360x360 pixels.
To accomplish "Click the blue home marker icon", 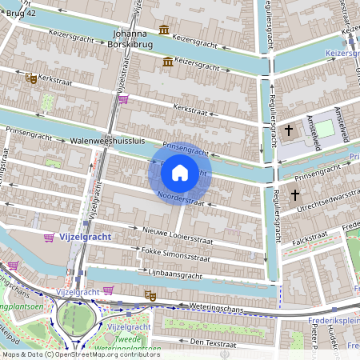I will pyautogui.click(x=180, y=173).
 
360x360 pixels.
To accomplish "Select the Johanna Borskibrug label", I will pyautogui.click(x=130, y=39).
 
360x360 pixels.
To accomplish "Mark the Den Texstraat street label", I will pyautogui.click(x=195, y=341).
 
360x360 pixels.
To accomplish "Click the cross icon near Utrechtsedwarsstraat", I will pyautogui.click(x=294, y=194).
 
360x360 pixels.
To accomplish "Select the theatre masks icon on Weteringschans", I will pyautogui.click(x=148, y=295).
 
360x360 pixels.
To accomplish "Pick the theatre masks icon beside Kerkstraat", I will pyautogui.click(x=31, y=78).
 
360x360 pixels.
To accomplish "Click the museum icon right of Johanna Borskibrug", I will pyautogui.click(x=164, y=30).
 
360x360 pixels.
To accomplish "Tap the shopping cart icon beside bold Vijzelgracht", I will pyautogui.click(x=50, y=238).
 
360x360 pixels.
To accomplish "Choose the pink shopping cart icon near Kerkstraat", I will pyautogui.click(x=122, y=99).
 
